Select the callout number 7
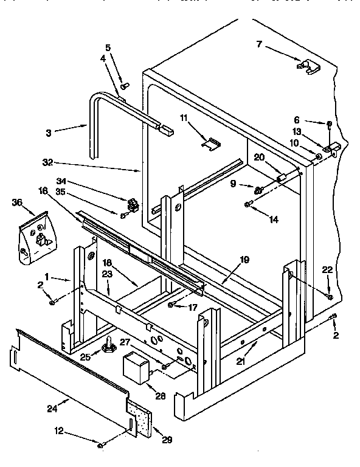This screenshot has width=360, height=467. tap(259, 44)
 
